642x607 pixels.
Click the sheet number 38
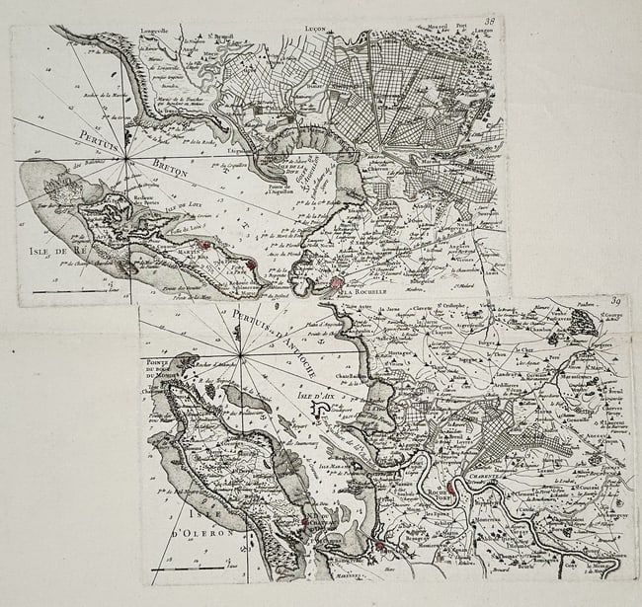[x=489, y=23]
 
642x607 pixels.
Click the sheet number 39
[x=615, y=302]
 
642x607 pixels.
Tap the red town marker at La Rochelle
[x=337, y=282]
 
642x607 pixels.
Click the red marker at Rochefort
[x=450, y=487]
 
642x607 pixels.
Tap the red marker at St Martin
[x=202, y=244]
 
